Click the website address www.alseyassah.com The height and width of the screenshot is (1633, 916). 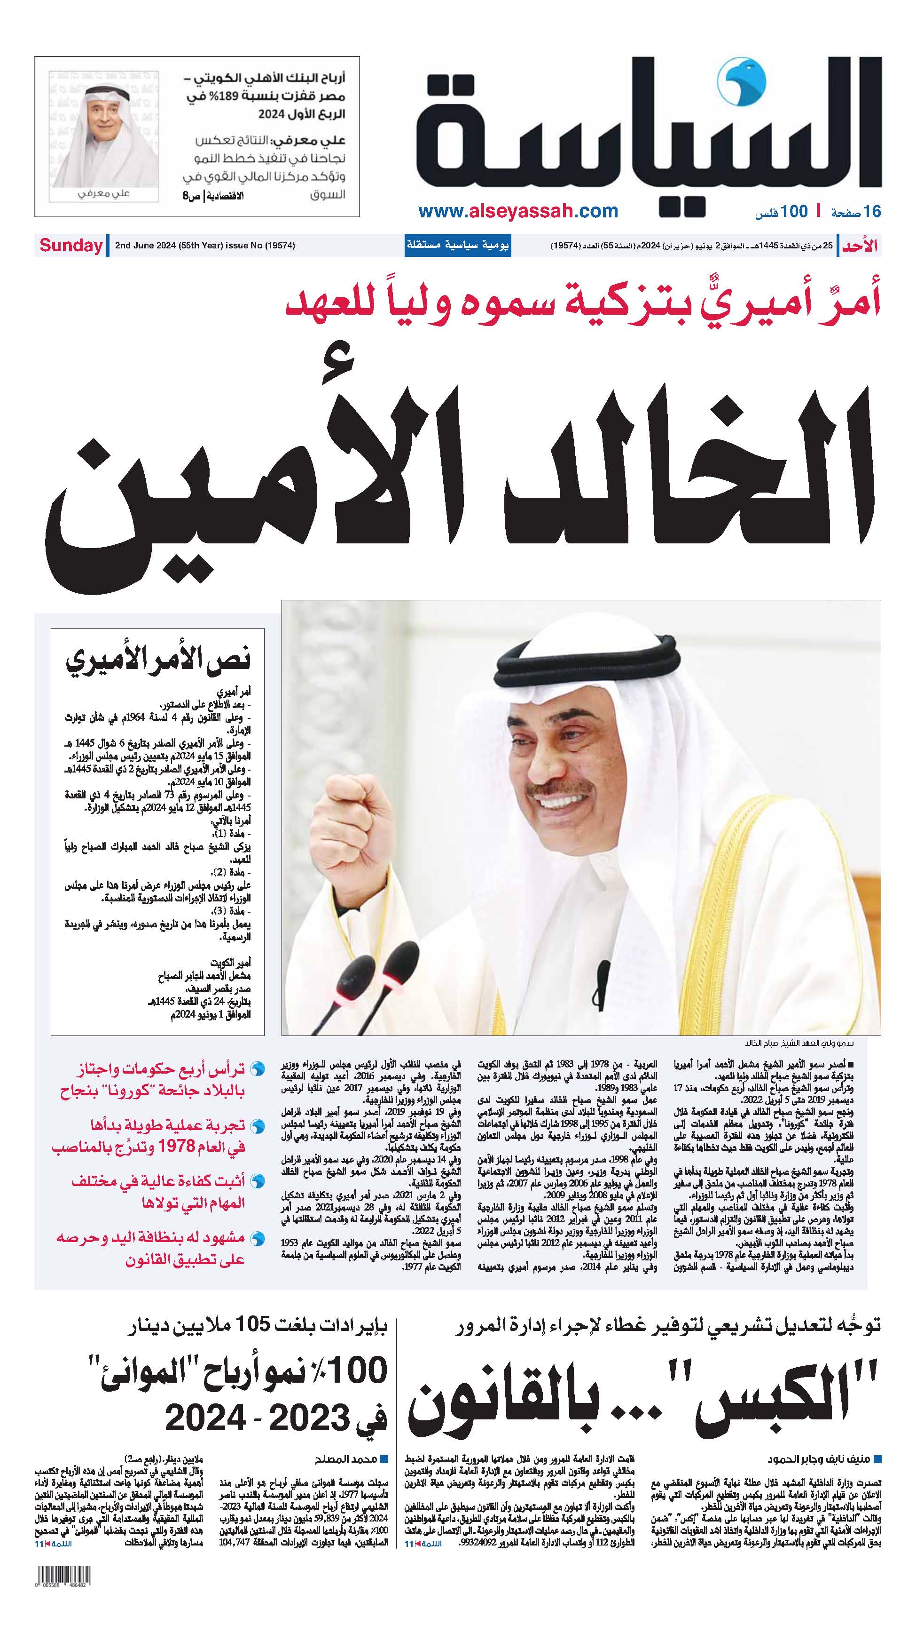pyautogui.click(x=517, y=211)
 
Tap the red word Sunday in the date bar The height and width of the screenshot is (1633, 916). pyautogui.click(x=71, y=246)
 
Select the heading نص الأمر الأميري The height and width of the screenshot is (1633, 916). pyautogui.click(x=158, y=659)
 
